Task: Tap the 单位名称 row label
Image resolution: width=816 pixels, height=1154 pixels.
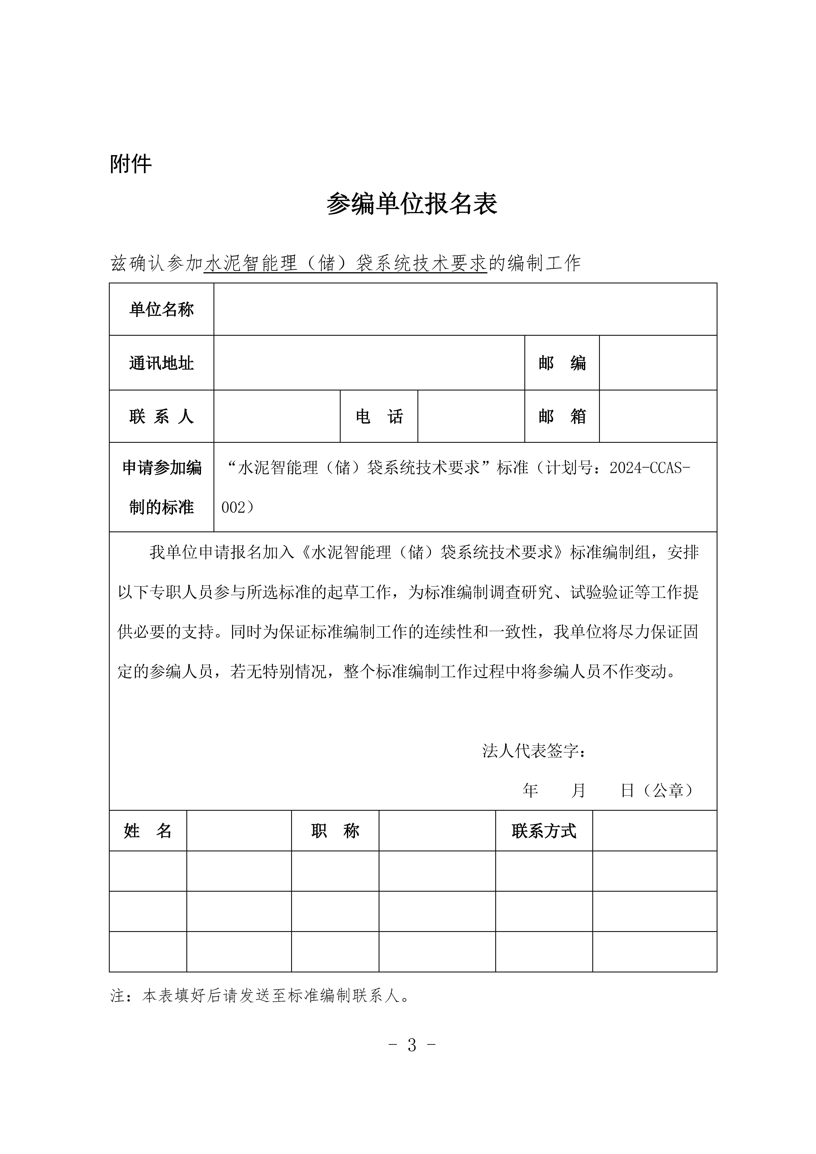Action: coord(161,309)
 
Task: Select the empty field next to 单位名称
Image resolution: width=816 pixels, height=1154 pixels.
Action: coord(465,309)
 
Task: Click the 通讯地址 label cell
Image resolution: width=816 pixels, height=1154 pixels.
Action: coord(161,363)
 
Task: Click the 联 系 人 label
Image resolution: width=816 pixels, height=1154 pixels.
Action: coord(161,416)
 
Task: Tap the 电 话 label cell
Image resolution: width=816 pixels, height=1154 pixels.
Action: coord(379,416)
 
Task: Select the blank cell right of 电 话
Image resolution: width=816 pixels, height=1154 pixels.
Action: coord(471,416)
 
